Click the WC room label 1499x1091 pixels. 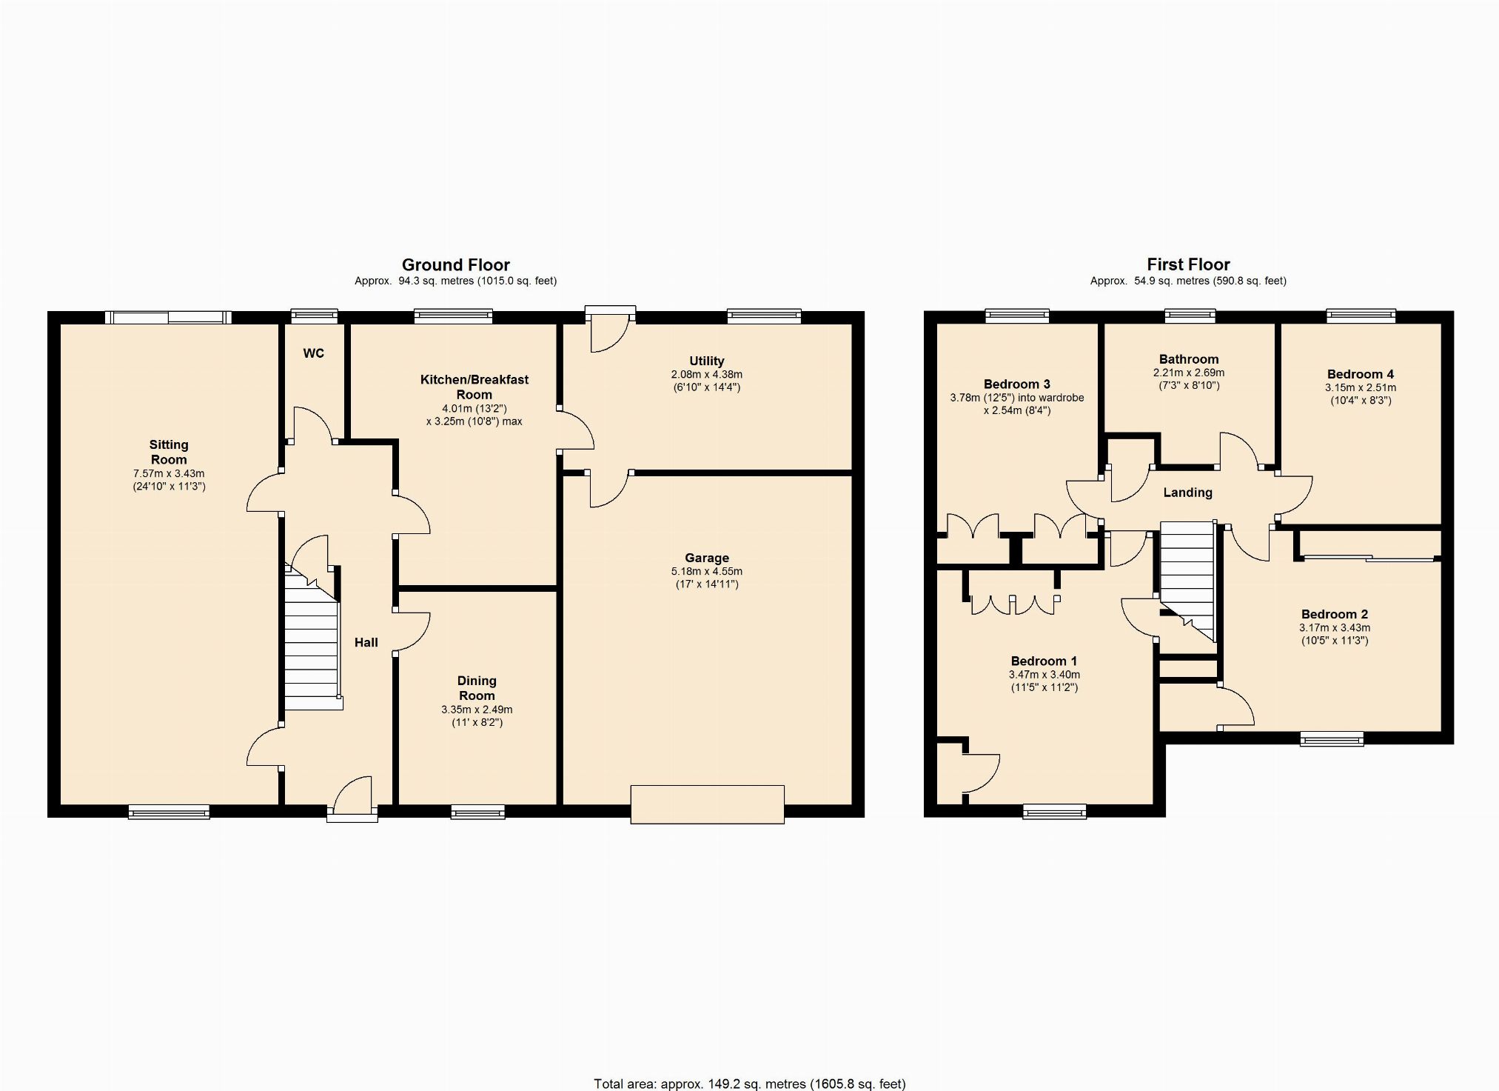(313, 353)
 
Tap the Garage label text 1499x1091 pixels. (707, 558)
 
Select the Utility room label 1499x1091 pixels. (707, 361)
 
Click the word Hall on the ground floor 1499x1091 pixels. (366, 642)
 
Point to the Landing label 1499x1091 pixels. (1187, 493)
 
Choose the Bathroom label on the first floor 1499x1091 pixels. (1189, 359)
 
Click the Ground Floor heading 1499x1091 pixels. (455, 264)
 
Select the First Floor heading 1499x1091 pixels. (1188, 264)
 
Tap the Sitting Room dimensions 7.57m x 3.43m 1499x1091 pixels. (169, 473)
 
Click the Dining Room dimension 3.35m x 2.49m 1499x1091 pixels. (477, 709)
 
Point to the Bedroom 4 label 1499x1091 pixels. (1361, 374)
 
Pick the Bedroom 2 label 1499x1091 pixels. (1335, 614)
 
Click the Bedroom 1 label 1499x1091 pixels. (1044, 661)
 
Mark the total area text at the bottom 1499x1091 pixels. (749, 1084)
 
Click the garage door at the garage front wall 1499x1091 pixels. (707, 804)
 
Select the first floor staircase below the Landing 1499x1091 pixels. (1187, 581)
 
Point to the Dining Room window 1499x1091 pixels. (478, 813)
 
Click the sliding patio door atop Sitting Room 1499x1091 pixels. (168, 318)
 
